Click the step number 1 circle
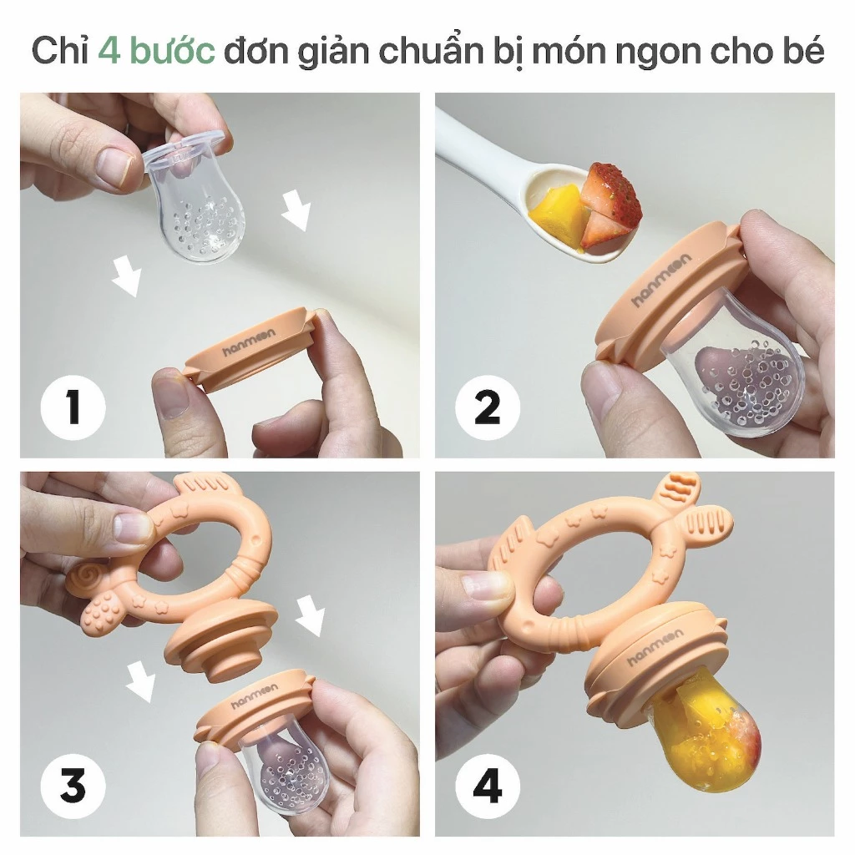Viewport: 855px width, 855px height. click(x=73, y=407)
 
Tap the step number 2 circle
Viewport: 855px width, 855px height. click(x=488, y=407)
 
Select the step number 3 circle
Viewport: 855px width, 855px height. click(x=73, y=786)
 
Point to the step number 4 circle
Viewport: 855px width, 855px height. click(x=488, y=786)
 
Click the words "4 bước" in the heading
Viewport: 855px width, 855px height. click(x=156, y=51)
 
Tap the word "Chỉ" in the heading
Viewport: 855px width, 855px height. click(x=60, y=50)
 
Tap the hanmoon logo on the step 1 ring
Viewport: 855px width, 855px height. click(x=249, y=341)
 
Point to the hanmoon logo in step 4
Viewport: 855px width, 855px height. click(x=655, y=647)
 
